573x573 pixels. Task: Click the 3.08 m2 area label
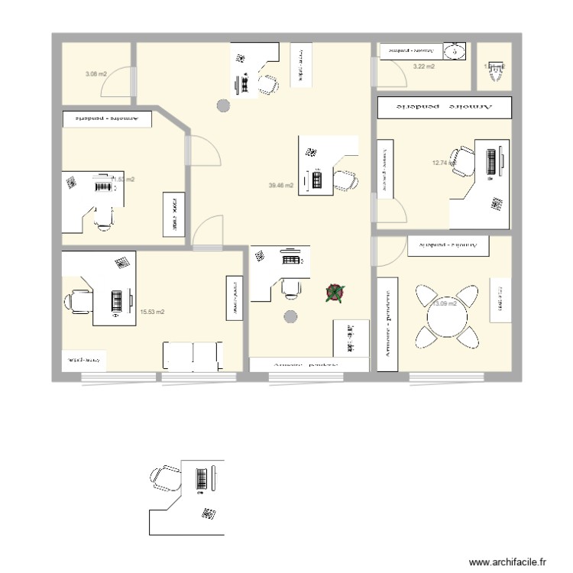coord(95,74)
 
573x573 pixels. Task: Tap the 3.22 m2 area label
coord(423,67)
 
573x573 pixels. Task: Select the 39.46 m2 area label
coord(281,185)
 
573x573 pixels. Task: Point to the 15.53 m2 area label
coord(153,312)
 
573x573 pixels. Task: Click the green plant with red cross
coord(335,293)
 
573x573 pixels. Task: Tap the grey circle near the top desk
coord(223,106)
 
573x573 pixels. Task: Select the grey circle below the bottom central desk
coord(290,317)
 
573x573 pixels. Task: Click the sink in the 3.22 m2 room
coord(455,51)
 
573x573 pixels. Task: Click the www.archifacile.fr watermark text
coord(509,562)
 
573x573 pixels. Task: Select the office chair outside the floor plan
coord(163,479)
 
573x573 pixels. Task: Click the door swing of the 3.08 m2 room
coord(118,84)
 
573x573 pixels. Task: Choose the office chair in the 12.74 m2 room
coord(463,161)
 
